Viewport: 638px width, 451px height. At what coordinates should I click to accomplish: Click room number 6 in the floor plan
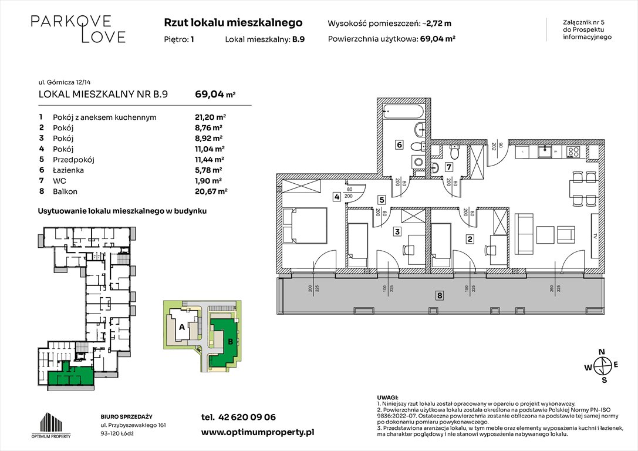tap(399, 144)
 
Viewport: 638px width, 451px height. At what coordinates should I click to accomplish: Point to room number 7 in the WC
tap(448, 167)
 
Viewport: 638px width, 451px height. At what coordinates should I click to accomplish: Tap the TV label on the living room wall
tap(595, 237)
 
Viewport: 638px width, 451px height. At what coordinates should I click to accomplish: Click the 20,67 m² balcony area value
tap(210, 191)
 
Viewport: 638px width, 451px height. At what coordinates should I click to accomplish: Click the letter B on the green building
tap(230, 341)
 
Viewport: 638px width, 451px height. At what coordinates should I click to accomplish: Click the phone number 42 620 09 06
tap(246, 417)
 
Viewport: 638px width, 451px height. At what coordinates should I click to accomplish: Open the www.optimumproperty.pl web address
tap(257, 432)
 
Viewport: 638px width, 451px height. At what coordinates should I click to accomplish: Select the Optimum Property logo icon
tap(50, 423)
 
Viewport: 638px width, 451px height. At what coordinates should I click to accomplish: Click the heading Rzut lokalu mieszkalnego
tap(233, 23)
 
